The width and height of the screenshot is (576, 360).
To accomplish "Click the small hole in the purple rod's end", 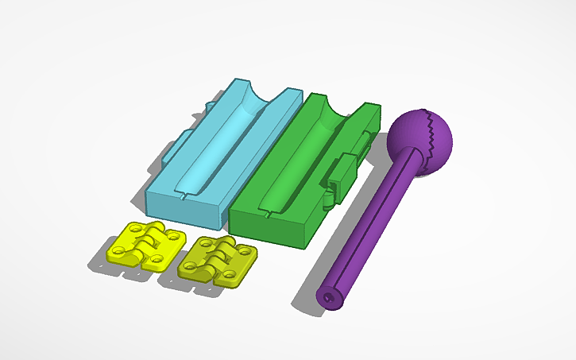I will [x=329, y=297].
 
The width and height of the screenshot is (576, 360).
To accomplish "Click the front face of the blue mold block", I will [x=184, y=207].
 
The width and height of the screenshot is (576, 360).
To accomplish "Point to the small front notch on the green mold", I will [x=269, y=213].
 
